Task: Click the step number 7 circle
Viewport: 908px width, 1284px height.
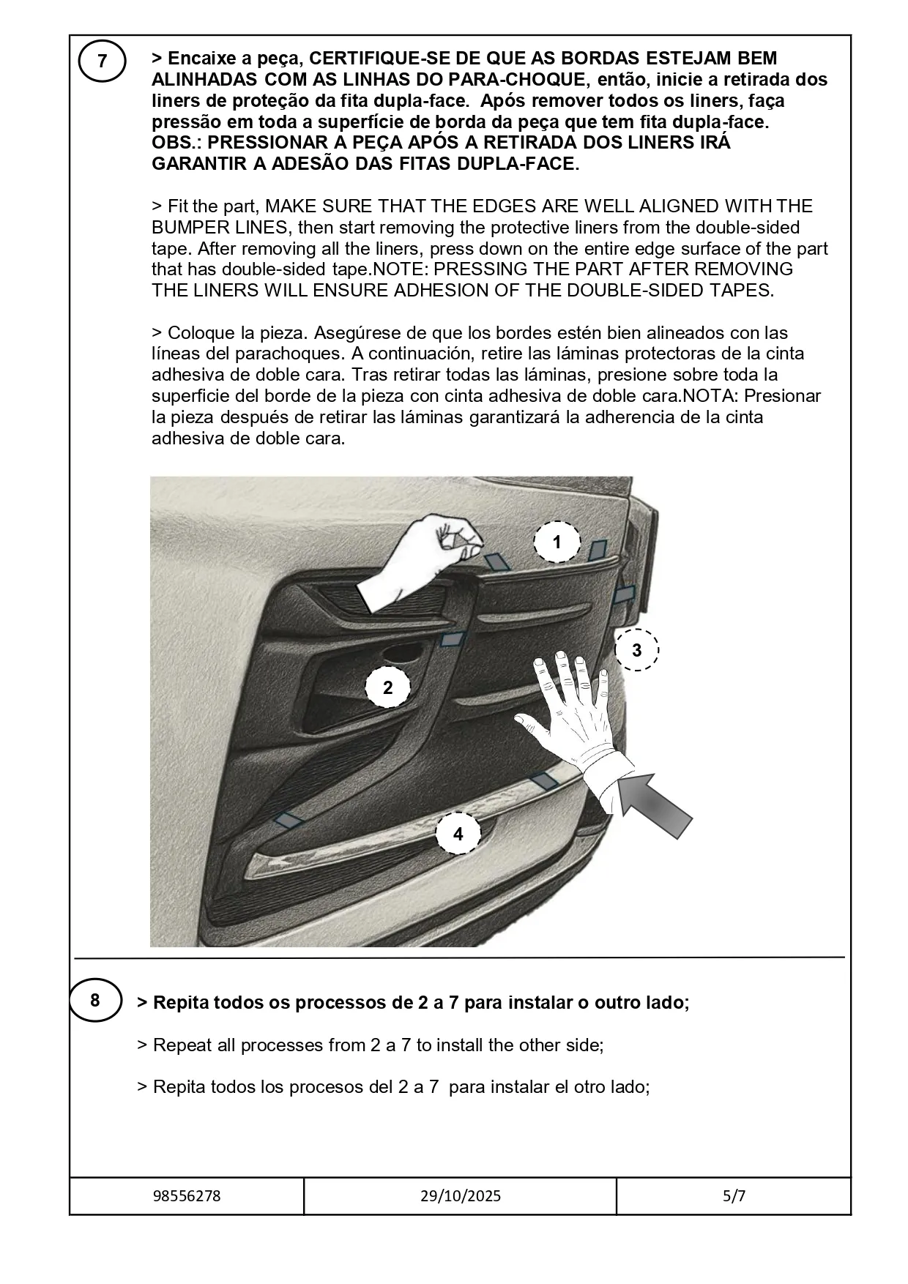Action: coord(102,61)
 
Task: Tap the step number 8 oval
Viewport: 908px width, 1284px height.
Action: coord(94,999)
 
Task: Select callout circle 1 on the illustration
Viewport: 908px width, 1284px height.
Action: coord(557,542)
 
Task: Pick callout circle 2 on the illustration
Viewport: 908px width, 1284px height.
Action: coord(387,687)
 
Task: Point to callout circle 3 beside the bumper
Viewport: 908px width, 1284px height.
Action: coord(636,649)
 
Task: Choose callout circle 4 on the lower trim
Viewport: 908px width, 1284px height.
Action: coord(458,834)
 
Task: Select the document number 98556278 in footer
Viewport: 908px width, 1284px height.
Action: coord(187,1196)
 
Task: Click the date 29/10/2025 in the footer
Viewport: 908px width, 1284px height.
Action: coord(461,1196)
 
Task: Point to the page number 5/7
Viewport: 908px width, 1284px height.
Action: coord(733,1196)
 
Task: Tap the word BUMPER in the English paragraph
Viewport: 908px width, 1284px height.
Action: coord(188,227)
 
